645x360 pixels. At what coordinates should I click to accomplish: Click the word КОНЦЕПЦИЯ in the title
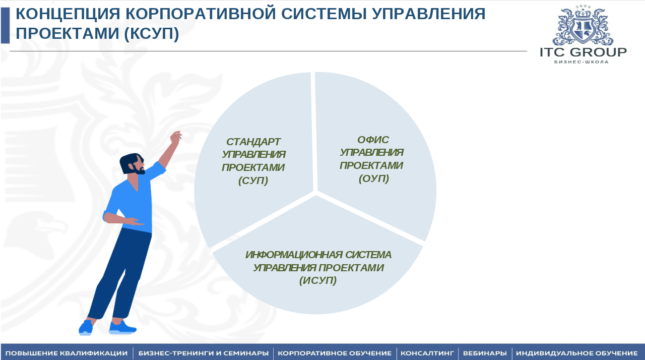68,14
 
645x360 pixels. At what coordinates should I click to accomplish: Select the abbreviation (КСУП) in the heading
152,33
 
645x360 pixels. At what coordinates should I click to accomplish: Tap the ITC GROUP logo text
583,52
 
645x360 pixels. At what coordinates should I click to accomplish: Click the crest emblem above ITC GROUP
583,25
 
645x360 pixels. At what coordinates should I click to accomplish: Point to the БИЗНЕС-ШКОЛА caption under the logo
582,62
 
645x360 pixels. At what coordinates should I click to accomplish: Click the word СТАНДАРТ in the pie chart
253,142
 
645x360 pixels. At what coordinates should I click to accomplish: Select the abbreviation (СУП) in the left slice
253,181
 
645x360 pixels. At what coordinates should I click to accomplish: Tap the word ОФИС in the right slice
373,140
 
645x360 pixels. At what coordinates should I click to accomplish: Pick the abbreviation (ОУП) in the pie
374,178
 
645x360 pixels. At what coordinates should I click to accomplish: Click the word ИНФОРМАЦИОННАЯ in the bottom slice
294,255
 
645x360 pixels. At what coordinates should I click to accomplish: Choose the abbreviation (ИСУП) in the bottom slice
318,280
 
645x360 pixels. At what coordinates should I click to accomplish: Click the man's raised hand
176,137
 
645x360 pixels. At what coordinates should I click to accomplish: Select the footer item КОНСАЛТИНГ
427,353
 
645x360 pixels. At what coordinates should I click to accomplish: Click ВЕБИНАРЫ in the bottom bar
485,353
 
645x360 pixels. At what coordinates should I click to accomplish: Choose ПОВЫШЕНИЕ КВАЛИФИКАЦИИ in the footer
67,353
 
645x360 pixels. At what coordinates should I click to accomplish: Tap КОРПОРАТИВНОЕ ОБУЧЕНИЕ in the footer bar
335,353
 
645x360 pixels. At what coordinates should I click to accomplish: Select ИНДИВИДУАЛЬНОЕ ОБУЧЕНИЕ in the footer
577,353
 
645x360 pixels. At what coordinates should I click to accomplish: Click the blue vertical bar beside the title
5,25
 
